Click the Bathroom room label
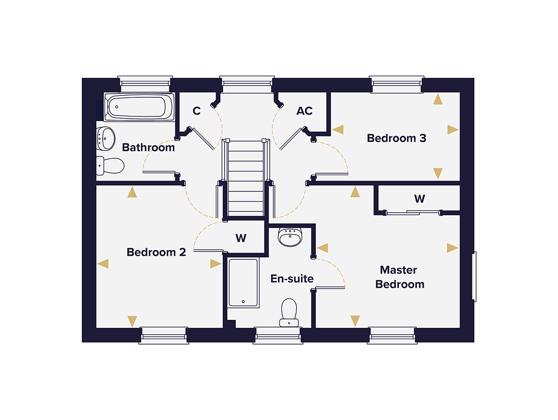click(148, 148)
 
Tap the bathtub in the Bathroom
click(139, 107)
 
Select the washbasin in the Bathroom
click(107, 138)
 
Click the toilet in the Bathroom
click(111, 165)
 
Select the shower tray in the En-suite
click(243, 282)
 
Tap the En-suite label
click(292, 279)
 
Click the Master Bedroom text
click(399, 277)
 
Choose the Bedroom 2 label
click(156, 252)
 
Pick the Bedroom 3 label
click(396, 138)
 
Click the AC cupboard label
click(305, 111)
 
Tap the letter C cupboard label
click(197, 111)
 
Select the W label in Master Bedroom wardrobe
click(419, 199)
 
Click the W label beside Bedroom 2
click(240, 238)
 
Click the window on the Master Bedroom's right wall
click(474, 276)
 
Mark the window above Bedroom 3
click(397, 84)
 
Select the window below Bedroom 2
click(164, 335)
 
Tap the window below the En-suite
click(278, 335)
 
